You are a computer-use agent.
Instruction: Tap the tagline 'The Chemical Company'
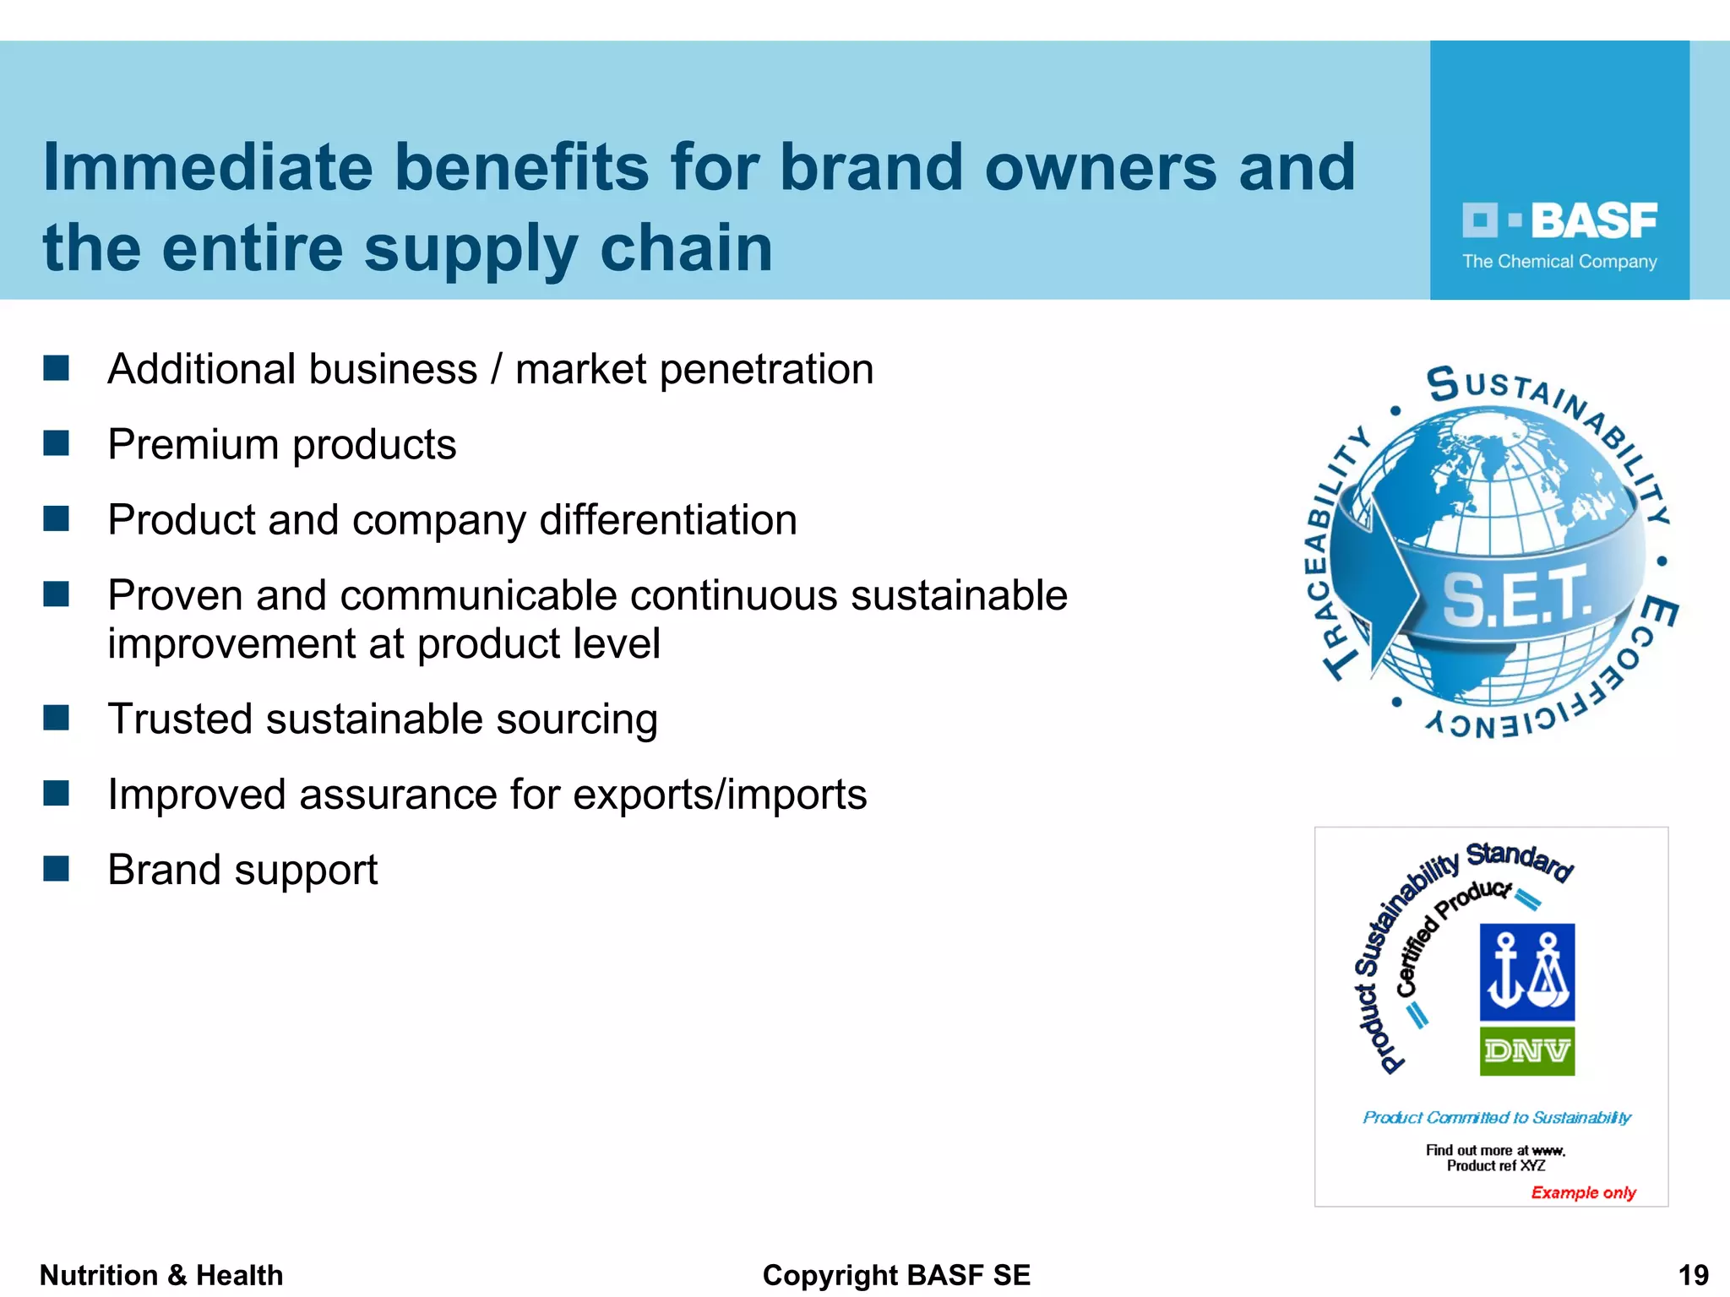coord(1559,262)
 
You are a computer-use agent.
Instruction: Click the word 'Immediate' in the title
coord(208,167)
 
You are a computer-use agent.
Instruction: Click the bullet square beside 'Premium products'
coord(56,443)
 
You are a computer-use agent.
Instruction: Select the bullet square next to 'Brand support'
coord(56,869)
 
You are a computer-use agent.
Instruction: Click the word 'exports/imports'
coord(720,795)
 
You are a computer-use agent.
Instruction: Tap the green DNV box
coord(1526,1051)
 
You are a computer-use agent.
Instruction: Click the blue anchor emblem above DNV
coord(1526,972)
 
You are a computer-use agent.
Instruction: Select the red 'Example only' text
coord(1583,1192)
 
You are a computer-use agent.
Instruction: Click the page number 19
coord(1693,1275)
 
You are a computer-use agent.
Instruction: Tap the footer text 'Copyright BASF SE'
coord(896,1275)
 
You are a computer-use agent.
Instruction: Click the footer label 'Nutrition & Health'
coord(161,1275)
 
